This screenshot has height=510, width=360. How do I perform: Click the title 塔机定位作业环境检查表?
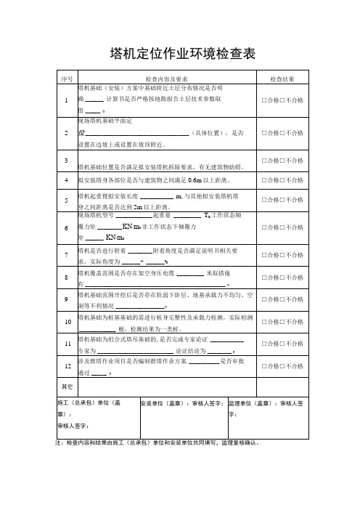coord(181,54)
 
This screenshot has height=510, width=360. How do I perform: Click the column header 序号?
coord(66,78)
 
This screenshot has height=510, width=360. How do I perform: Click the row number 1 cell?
coord(66,100)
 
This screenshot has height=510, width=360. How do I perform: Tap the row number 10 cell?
coord(66,320)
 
